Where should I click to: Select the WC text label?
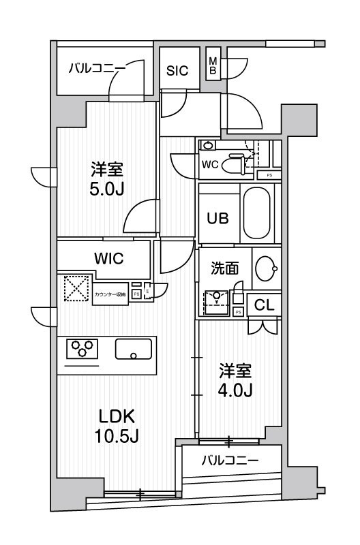coord(209,163)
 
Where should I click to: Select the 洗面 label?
coord(224,268)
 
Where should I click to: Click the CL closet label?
coord(264,306)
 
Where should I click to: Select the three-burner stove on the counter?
coord(82,348)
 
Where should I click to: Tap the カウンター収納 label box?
coord(110,294)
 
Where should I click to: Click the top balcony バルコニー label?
coord(96,68)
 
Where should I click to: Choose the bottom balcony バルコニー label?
coord(230,461)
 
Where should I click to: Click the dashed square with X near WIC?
coord(77,288)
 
